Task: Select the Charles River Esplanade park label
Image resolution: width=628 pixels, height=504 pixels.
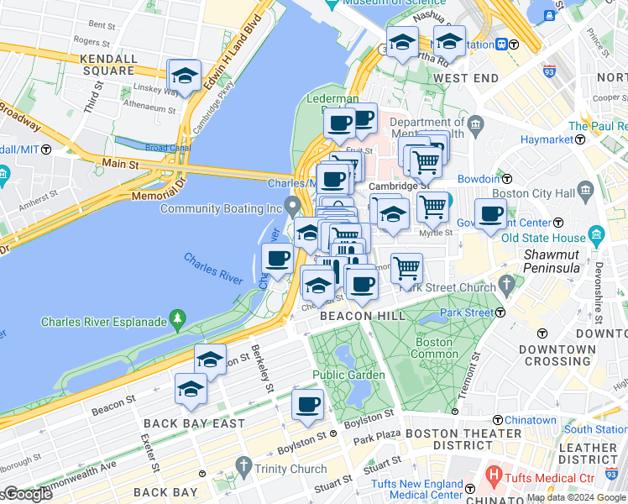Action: (102, 321)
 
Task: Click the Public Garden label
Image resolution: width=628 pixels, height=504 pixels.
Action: (348, 375)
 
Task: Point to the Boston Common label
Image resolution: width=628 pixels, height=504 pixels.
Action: (434, 348)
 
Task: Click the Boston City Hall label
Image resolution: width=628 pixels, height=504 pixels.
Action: (545, 193)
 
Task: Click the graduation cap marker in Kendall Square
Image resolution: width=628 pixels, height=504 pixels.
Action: (184, 76)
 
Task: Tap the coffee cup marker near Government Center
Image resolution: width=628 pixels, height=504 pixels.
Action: (490, 214)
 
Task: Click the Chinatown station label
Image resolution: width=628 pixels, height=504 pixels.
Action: (530, 420)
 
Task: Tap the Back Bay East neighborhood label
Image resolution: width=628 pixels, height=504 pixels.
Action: (194, 424)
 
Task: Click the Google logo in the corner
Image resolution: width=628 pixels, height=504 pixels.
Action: (27, 494)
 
